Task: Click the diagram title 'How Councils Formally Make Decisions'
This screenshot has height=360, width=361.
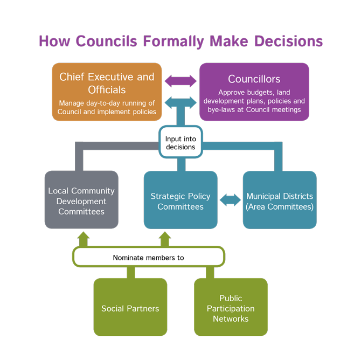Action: [x=180, y=41]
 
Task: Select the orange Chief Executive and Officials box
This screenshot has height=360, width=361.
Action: [x=107, y=92]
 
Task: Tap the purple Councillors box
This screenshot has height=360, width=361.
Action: [x=254, y=92]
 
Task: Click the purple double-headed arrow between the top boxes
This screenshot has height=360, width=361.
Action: [x=180, y=81]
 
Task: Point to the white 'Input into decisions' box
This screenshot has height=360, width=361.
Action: [x=180, y=143]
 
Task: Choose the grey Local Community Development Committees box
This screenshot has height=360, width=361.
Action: [x=81, y=200]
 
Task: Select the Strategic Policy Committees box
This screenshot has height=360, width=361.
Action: [x=180, y=200]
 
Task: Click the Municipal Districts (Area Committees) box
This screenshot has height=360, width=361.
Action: [x=279, y=200]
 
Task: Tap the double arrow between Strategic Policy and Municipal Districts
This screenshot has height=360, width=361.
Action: [x=230, y=200]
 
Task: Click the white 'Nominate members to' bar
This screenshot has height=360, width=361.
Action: [x=148, y=258]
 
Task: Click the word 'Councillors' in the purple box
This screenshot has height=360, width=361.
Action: [x=254, y=79]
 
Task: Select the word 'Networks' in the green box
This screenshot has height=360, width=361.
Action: [x=231, y=319]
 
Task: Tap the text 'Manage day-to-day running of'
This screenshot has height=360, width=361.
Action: [x=107, y=102]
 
